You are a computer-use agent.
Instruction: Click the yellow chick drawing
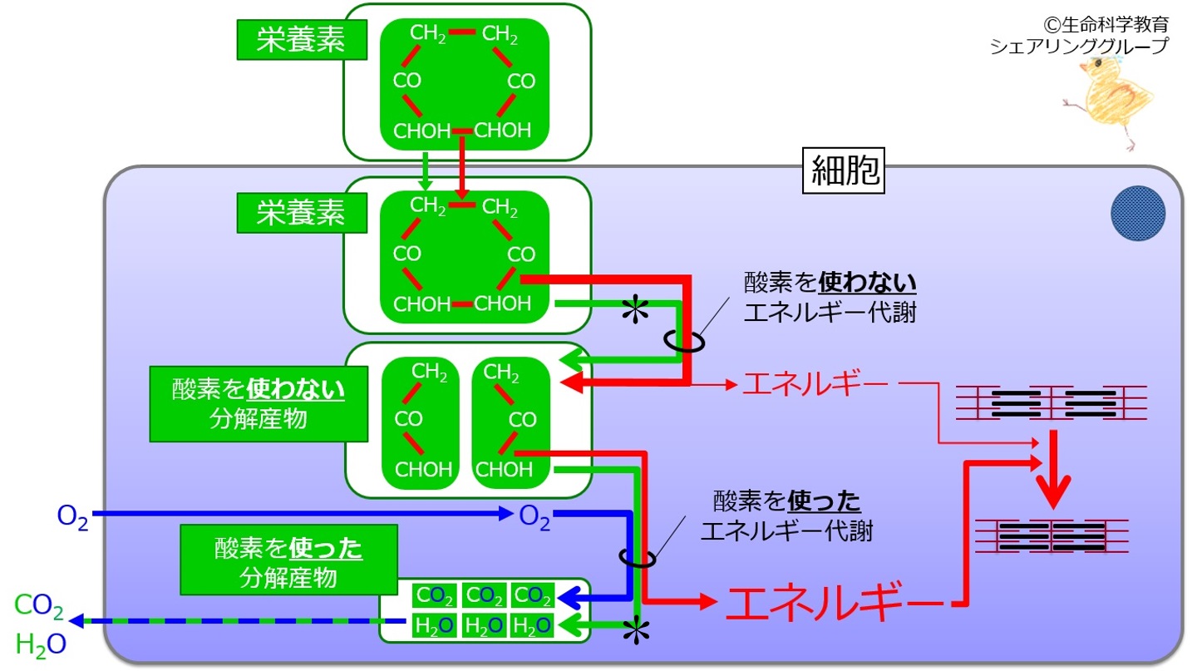pos(1109,101)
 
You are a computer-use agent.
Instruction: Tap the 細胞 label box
pos(844,170)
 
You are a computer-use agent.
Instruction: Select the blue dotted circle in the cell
pos(1138,214)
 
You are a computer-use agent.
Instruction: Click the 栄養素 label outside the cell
pos(302,40)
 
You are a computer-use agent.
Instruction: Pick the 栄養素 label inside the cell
pos(302,213)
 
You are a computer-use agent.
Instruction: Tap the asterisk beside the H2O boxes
pos(636,631)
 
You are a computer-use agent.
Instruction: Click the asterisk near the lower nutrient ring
pos(635,309)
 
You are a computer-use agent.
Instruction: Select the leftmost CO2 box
pos(435,595)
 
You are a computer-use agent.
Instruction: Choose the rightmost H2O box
pos(532,625)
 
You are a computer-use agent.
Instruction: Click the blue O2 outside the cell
pos(72,516)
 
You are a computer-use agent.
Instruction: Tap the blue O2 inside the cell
pos(534,517)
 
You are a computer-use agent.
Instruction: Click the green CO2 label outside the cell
pos(39,606)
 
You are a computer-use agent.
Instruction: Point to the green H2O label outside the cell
pos(41,644)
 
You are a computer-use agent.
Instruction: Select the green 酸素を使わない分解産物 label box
pos(259,404)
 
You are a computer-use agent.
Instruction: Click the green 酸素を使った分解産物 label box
pos(288,560)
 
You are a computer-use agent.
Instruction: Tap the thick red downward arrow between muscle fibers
pos(1053,470)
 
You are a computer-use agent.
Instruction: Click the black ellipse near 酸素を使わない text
pos(685,342)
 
